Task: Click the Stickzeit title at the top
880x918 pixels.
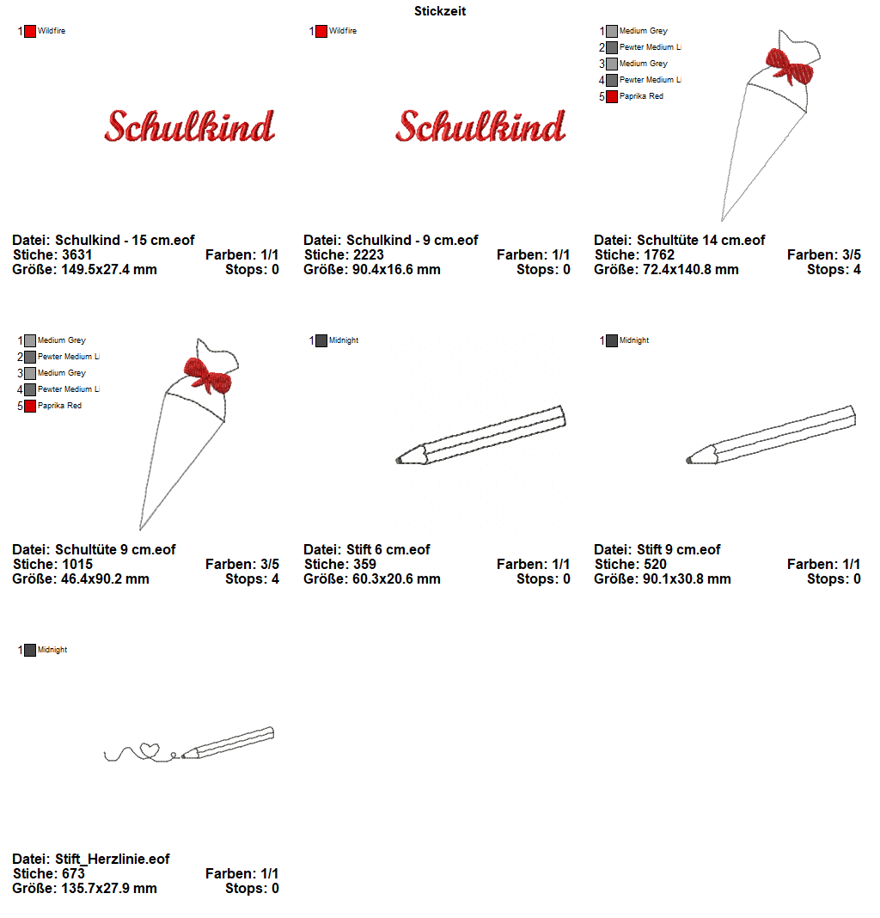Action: tap(440, 11)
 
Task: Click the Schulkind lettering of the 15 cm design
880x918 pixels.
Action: tap(189, 126)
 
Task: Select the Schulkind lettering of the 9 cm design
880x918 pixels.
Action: tap(480, 126)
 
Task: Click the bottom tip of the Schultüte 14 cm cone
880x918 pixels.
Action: tap(723, 219)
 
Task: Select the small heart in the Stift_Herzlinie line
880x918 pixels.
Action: tap(150, 750)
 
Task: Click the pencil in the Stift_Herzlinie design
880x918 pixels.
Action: tap(229, 743)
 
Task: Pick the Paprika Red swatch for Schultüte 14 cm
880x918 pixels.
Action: tap(611, 96)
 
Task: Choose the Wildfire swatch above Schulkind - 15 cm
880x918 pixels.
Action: tap(30, 31)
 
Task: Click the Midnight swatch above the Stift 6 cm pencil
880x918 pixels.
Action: tap(321, 340)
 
